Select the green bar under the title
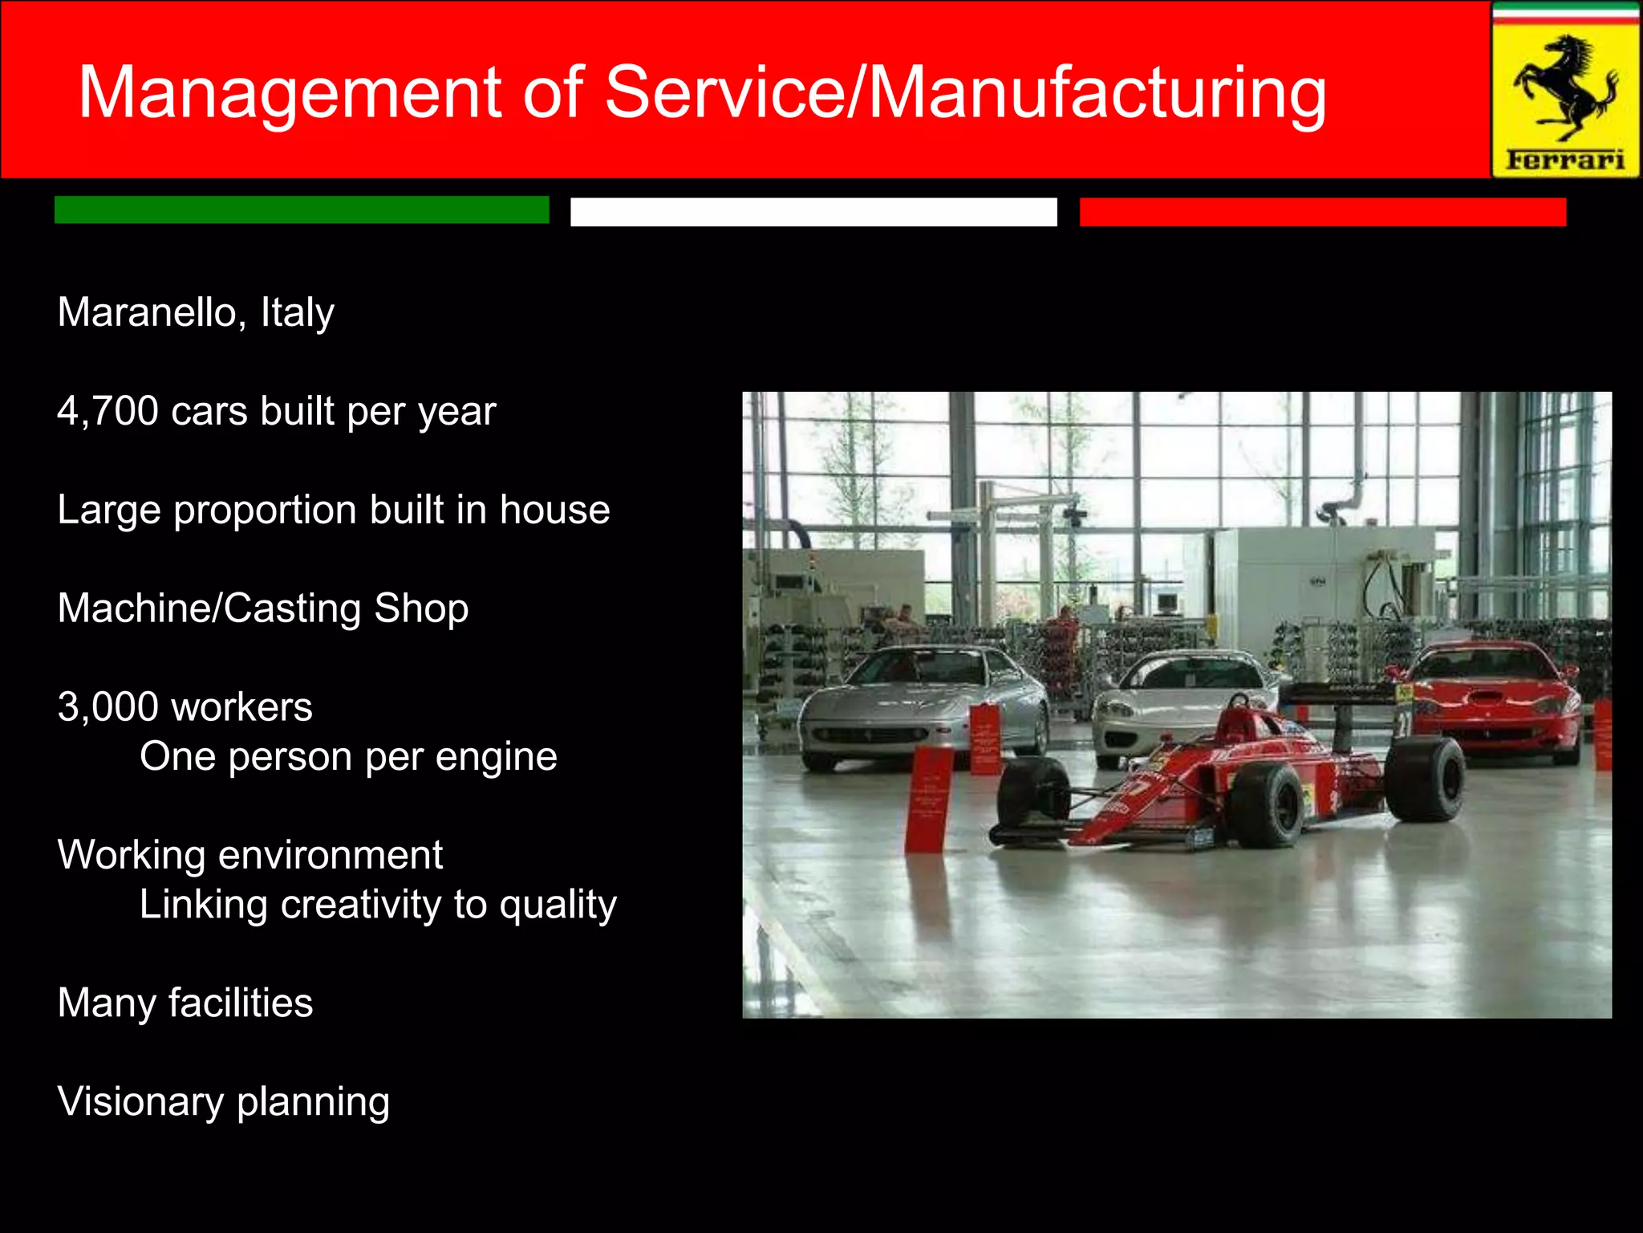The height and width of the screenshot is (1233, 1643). [x=302, y=210]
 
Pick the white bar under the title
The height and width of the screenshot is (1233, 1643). [x=813, y=212]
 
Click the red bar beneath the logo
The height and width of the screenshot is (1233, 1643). [x=1322, y=212]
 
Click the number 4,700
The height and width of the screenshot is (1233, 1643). [x=108, y=411]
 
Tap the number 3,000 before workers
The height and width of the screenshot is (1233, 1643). [x=108, y=707]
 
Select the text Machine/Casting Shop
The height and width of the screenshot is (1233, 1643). [x=263, y=608]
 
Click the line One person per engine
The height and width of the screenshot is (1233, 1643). [x=348, y=757]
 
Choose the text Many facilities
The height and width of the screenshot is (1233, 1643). [x=185, y=1003]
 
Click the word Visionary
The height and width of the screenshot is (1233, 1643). [x=140, y=1101]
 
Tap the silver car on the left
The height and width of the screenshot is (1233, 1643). [x=923, y=706]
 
